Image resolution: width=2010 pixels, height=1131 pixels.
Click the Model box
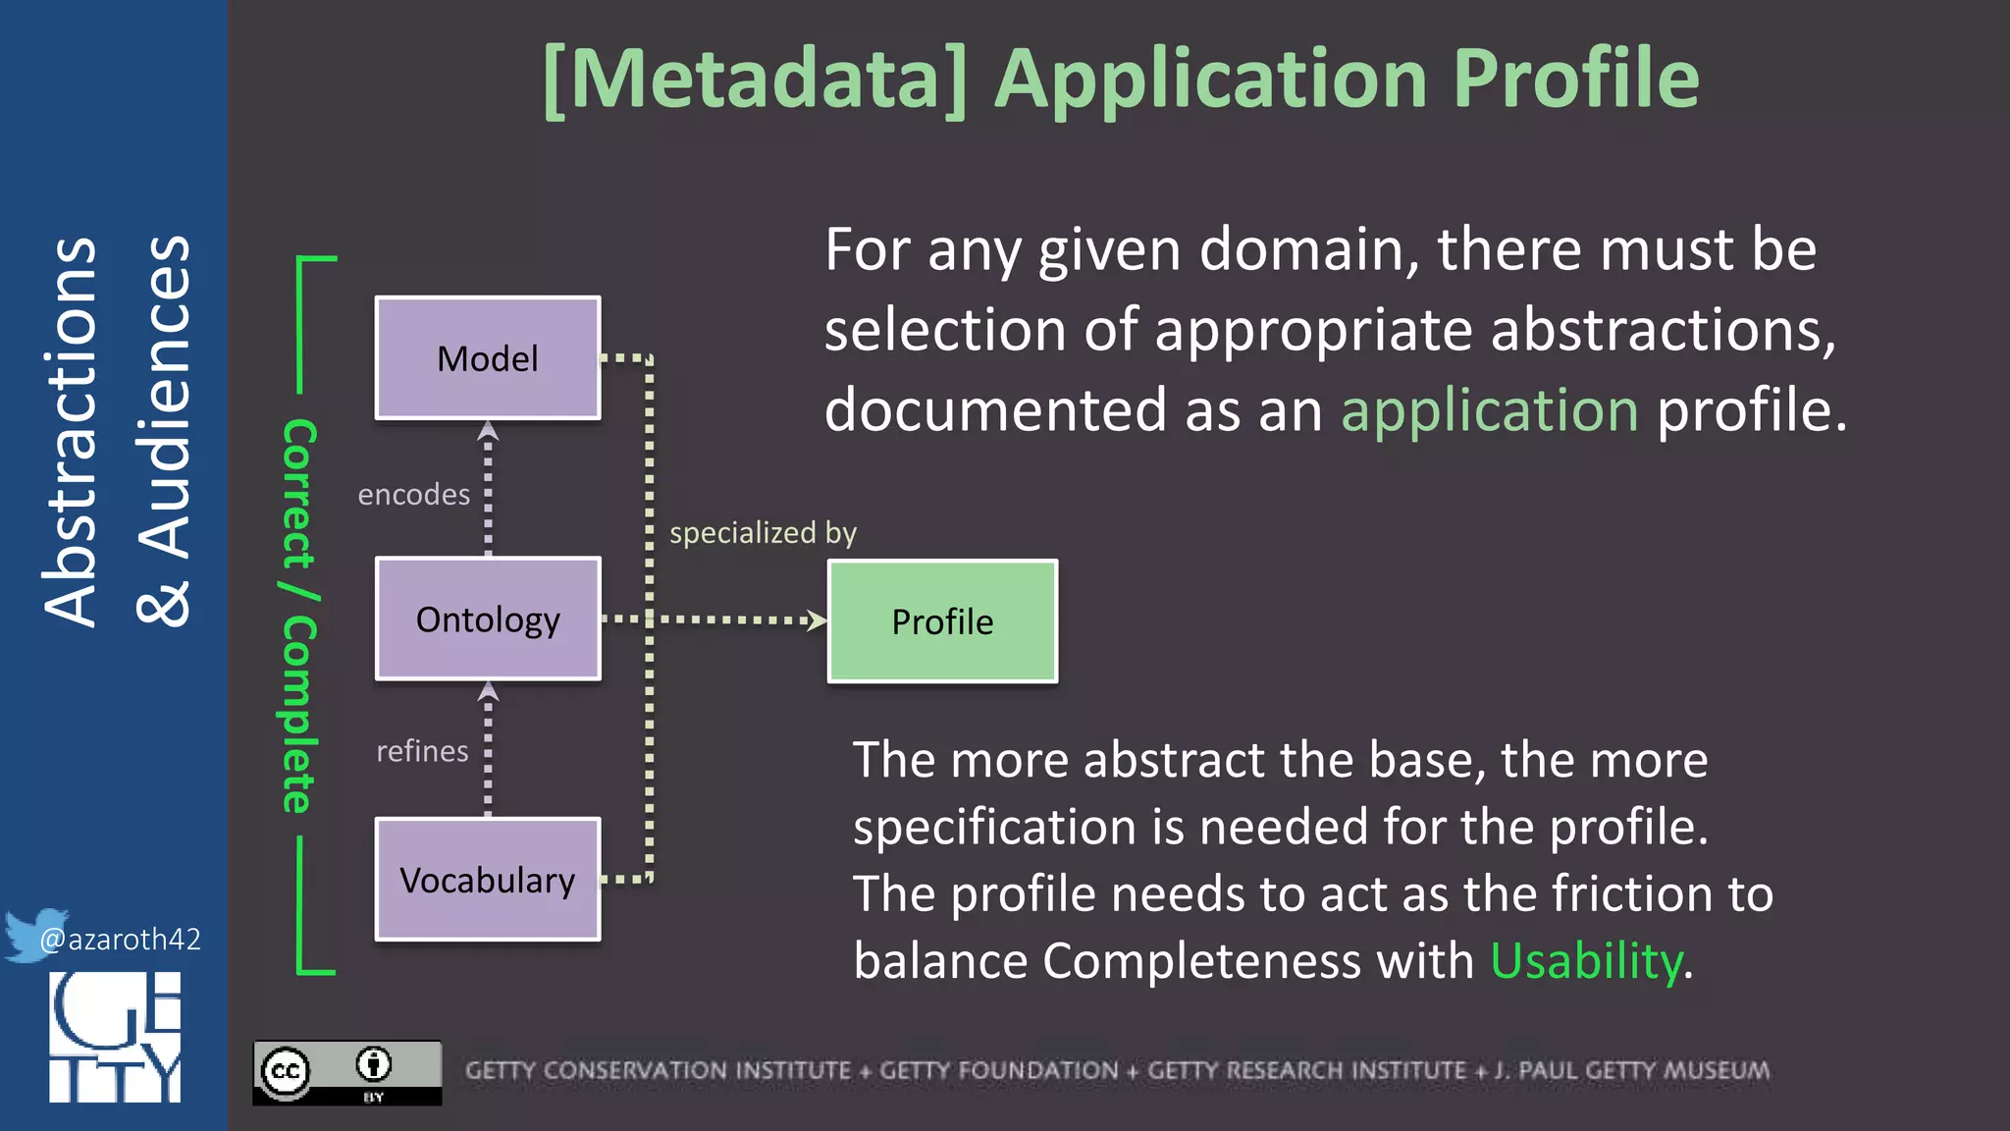pos(488,358)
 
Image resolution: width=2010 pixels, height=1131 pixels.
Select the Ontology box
pos(488,619)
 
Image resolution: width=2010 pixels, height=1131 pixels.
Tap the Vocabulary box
pos(488,880)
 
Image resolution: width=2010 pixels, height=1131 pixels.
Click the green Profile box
pos(942,621)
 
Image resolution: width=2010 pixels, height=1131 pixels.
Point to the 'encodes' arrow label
pos(413,494)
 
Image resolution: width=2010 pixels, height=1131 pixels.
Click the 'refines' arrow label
pos(422,751)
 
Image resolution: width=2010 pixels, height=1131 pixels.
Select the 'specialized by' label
pos(763,532)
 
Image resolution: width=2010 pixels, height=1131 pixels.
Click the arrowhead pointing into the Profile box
pos(817,620)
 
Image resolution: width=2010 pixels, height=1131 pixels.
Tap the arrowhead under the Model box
pos(488,431)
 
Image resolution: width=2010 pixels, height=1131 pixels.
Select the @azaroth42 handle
pos(120,940)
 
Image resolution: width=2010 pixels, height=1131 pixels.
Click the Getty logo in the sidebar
pos(115,1037)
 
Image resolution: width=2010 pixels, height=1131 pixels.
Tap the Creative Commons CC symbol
pos(286,1071)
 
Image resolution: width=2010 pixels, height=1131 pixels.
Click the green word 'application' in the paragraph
pos(1489,410)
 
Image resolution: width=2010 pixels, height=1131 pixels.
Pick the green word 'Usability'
pos(1586,960)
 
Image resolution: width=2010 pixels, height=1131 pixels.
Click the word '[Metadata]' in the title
pos(756,79)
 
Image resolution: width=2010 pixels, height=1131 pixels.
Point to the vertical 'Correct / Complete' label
pos(298,616)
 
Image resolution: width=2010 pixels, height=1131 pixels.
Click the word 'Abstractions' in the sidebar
pos(71,432)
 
